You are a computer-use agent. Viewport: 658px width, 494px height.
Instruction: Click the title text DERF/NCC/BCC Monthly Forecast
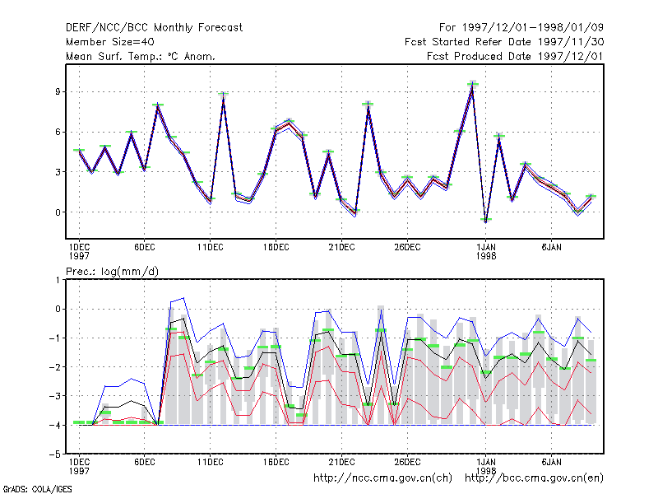[154, 28]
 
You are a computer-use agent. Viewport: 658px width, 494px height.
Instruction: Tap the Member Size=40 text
[110, 42]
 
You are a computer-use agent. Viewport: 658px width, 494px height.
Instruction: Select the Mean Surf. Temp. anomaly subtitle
[141, 56]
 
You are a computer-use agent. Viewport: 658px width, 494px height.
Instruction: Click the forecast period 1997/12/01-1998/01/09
[521, 28]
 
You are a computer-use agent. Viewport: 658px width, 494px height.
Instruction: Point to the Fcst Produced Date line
[515, 56]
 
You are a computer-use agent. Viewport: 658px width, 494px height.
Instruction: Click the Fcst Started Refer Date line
[504, 42]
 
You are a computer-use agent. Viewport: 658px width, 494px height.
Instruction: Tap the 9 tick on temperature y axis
[58, 91]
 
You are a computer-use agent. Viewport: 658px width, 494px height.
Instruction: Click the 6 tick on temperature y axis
[58, 132]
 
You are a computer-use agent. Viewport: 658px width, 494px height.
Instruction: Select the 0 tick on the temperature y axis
[58, 212]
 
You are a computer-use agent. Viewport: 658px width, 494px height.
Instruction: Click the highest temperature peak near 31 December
[472, 85]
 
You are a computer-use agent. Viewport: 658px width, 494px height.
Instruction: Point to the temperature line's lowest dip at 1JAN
[485, 221]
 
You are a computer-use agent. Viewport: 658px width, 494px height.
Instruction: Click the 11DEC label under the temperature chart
[211, 248]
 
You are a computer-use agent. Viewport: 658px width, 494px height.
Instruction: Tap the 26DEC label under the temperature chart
[407, 248]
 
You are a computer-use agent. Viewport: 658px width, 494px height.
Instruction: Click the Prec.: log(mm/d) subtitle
[112, 272]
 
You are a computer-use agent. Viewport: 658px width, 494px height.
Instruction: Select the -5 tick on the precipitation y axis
[55, 454]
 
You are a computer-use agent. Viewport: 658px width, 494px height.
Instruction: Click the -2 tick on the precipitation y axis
[55, 367]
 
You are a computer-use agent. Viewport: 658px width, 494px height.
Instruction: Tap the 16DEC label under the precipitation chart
[276, 462]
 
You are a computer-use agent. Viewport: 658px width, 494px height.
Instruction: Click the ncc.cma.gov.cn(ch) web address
[382, 478]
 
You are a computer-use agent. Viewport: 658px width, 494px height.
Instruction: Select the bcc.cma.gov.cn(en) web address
[534, 478]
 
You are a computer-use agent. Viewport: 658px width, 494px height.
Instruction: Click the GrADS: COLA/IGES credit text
[37, 489]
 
